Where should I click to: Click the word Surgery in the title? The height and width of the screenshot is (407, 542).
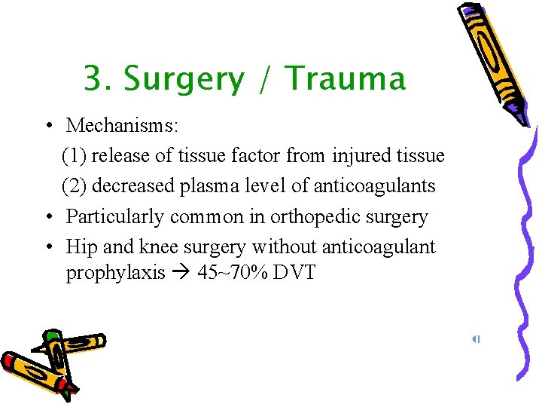[184, 79]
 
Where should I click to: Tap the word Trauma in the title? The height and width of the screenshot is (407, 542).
[346, 78]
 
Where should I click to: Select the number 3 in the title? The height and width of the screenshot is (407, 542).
[93, 78]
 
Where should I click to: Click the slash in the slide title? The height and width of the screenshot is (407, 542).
[265, 79]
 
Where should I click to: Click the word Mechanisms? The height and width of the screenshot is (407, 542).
[120, 126]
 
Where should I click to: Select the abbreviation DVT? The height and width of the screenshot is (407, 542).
[295, 272]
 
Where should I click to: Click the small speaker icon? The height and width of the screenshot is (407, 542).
[476, 339]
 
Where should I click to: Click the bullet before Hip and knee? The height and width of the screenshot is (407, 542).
[47, 246]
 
